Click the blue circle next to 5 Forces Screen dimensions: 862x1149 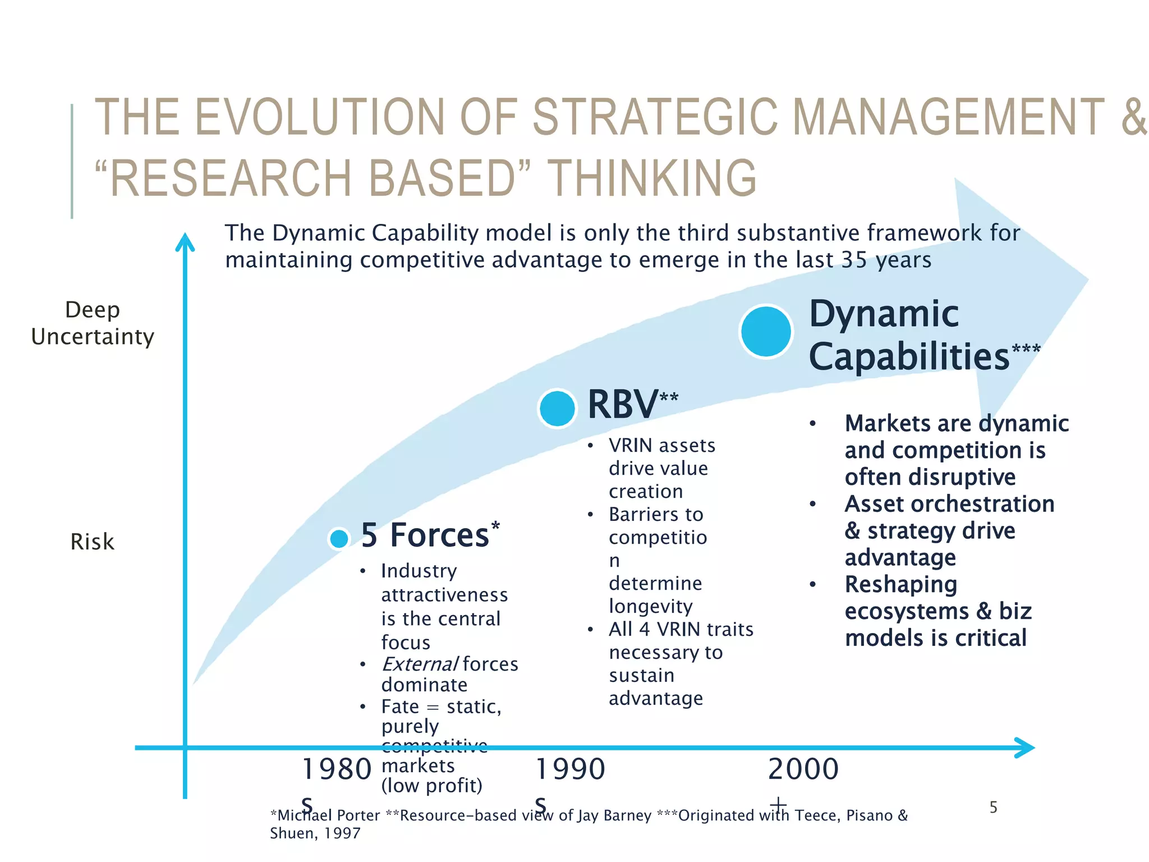click(x=339, y=539)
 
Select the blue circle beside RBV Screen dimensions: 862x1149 click(x=557, y=409)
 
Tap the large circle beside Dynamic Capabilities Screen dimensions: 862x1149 click(x=766, y=331)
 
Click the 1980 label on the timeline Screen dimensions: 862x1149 click(x=337, y=769)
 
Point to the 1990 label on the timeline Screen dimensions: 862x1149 click(x=570, y=769)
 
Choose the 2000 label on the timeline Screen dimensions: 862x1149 click(x=803, y=769)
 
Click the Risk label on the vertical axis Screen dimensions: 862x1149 click(x=92, y=542)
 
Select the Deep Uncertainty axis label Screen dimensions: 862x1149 click(x=93, y=323)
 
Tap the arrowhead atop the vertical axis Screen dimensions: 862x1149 click(x=185, y=242)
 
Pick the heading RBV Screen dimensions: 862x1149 click(x=623, y=404)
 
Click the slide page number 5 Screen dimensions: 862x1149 click(x=993, y=808)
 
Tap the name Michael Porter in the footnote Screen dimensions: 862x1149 click(x=328, y=815)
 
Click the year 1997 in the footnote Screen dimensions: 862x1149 click(x=342, y=833)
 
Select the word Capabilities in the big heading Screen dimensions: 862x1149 click(x=909, y=357)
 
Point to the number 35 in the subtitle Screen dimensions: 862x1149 click(x=854, y=260)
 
